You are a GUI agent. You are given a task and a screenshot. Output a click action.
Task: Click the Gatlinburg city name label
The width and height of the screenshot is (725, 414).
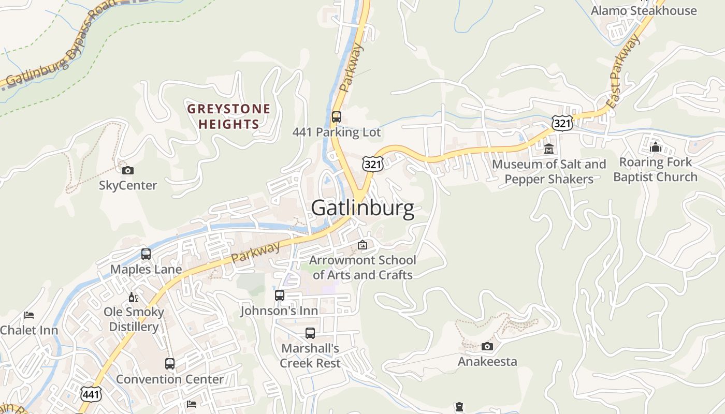pyautogui.click(x=363, y=209)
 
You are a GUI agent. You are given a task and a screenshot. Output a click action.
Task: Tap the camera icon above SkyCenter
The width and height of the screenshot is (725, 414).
pyautogui.click(x=127, y=170)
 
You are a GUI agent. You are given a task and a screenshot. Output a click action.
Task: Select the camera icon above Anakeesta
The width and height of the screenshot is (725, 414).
pyautogui.click(x=487, y=346)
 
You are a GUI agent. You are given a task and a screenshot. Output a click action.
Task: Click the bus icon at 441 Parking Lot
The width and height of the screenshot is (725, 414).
pyautogui.click(x=337, y=117)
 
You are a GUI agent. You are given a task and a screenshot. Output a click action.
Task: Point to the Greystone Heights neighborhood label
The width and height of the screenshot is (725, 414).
pyautogui.click(x=229, y=116)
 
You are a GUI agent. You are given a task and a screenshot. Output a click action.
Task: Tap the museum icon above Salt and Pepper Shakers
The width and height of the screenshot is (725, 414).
pyautogui.click(x=549, y=150)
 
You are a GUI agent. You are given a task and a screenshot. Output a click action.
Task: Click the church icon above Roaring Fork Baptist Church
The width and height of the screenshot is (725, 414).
pyautogui.click(x=656, y=147)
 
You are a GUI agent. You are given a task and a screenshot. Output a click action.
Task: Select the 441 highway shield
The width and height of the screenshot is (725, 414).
pyautogui.click(x=91, y=394)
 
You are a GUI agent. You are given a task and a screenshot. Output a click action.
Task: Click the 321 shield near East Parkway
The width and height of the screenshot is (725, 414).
pyautogui.click(x=561, y=123)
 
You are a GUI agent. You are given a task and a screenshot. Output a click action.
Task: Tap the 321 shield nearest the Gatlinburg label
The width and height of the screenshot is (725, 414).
pyautogui.click(x=372, y=164)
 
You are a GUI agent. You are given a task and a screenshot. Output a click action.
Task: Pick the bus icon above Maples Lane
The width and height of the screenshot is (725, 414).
pyautogui.click(x=146, y=254)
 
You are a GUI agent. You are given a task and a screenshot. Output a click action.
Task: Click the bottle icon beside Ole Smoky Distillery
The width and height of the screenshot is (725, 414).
pyautogui.click(x=134, y=298)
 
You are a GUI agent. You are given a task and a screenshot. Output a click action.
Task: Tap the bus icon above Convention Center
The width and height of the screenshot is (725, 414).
pyautogui.click(x=170, y=364)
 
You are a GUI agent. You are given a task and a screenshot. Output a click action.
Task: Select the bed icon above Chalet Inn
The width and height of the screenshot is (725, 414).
pyautogui.click(x=29, y=315)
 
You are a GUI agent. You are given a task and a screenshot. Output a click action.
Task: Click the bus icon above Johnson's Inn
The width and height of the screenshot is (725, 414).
pyautogui.click(x=280, y=295)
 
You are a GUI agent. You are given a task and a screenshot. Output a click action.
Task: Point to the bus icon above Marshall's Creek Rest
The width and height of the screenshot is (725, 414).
pyautogui.click(x=310, y=333)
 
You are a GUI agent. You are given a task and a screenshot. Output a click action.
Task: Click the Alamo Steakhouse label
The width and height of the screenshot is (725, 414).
pyautogui.click(x=644, y=11)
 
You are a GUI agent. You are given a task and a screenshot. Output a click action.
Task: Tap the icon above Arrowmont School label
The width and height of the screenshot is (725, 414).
pyautogui.click(x=363, y=245)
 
